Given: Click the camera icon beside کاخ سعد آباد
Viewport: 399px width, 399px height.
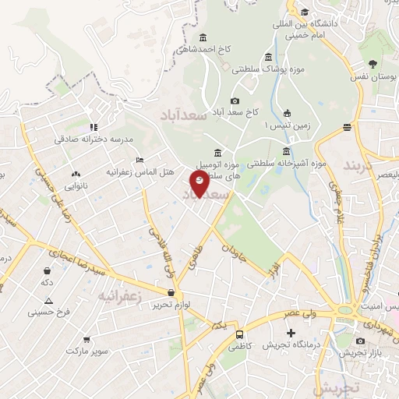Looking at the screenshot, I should click(x=235, y=101).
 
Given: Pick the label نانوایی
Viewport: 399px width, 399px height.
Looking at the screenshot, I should click(x=76, y=186).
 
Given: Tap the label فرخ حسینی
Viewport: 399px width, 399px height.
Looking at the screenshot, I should click(x=49, y=312).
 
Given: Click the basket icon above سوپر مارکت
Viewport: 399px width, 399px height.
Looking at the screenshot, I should click(x=86, y=340).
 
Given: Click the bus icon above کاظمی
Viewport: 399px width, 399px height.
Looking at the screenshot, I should click(x=240, y=334).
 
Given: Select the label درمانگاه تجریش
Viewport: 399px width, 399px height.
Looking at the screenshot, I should click(x=291, y=344).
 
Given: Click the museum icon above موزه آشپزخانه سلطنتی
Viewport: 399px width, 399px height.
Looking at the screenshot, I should click(x=287, y=151).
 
